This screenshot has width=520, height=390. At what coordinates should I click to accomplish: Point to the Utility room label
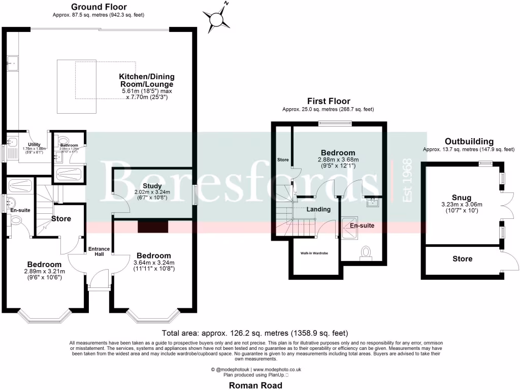(35, 145)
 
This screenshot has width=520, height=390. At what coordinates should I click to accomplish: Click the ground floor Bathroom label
(68, 145)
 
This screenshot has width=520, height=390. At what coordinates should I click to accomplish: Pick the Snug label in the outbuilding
(461, 198)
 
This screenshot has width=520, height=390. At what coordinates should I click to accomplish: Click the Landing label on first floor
(318, 209)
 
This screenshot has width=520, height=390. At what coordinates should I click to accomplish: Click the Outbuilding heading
(469, 141)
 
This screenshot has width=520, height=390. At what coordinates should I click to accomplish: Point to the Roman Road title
(256, 385)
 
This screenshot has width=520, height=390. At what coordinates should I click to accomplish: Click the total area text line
(254, 334)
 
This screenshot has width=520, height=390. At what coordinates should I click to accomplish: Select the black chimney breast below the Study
(149, 226)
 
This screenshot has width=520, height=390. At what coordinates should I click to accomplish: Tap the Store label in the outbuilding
(462, 259)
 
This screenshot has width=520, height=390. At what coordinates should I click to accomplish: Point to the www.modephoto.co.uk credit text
(277, 370)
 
